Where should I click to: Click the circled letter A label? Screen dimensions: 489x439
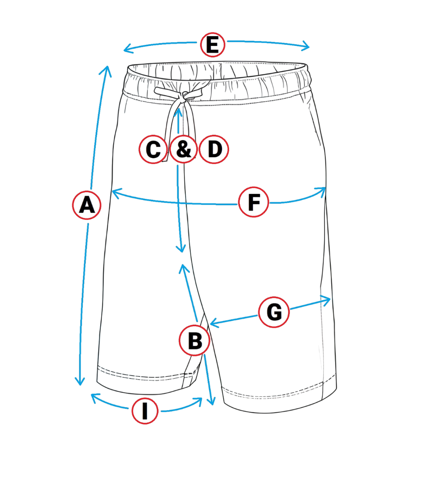click(x=87, y=205)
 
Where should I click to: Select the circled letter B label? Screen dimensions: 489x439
click(x=194, y=340)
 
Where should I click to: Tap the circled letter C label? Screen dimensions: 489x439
click(x=153, y=149)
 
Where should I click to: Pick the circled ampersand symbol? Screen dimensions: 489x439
click(x=184, y=149)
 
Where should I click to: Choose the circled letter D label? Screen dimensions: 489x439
click(x=214, y=149)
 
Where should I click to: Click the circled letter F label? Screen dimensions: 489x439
click(x=254, y=202)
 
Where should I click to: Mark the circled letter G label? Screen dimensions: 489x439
click(x=274, y=312)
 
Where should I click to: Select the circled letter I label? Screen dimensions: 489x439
click(x=145, y=411)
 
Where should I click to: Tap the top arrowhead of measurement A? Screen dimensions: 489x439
click(x=108, y=69)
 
